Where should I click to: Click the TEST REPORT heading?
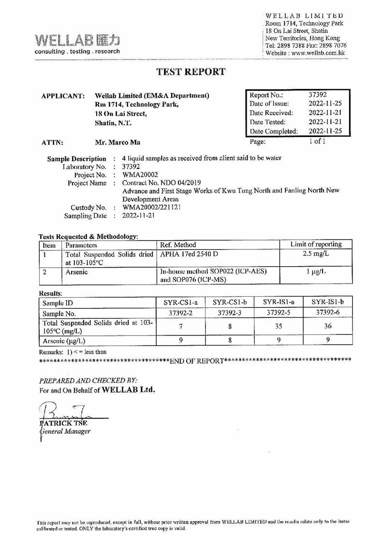[191, 72]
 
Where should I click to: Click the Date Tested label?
[267, 122]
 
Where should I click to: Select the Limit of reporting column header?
[316, 244]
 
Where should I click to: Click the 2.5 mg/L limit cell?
[316, 254]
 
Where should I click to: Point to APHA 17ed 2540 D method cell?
[189, 253]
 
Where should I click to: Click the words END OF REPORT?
[197, 361]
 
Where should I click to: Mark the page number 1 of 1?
[317, 142]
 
